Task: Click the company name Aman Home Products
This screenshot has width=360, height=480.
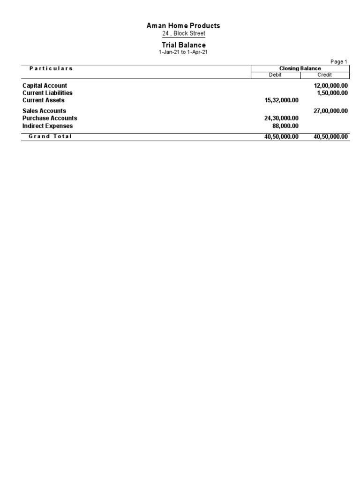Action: (x=183, y=26)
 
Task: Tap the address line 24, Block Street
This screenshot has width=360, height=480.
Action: (x=183, y=34)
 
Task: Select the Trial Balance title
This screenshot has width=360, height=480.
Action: (x=183, y=45)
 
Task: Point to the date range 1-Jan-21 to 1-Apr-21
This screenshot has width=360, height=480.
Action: (x=183, y=52)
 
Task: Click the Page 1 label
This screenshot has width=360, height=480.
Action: (x=338, y=61)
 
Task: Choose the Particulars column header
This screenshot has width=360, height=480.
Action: (x=51, y=68)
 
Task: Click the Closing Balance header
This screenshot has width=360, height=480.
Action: (x=300, y=68)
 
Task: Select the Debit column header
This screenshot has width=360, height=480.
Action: (x=275, y=75)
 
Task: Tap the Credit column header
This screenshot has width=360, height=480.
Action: (x=324, y=75)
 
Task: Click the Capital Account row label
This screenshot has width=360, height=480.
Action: (x=45, y=86)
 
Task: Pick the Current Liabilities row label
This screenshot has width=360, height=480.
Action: (x=47, y=93)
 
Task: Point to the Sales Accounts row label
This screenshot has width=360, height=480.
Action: (x=44, y=111)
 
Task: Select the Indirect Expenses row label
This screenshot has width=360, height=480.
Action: (x=47, y=126)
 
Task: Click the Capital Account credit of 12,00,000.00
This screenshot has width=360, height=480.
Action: (x=330, y=86)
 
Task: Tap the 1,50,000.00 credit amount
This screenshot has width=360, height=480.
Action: (x=332, y=93)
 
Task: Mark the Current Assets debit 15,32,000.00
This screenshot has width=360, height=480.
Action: (x=281, y=100)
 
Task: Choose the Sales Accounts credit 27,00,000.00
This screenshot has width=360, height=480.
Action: (x=330, y=111)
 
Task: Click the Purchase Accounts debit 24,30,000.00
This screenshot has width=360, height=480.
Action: (x=281, y=119)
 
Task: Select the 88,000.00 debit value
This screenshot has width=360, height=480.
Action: (x=285, y=126)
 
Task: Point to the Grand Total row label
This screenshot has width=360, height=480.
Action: (x=50, y=136)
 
